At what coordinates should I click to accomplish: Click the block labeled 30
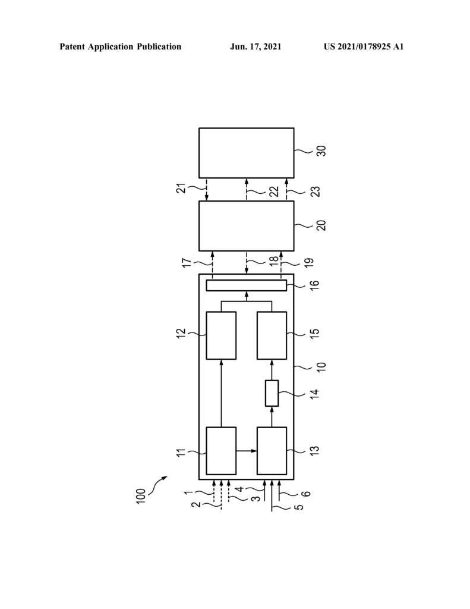click(x=246, y=153)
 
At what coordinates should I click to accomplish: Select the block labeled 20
click(x=246, y=225)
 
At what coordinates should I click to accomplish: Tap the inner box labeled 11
click(x=221, y=451)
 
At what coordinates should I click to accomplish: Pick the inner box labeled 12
click(x=221, y=335)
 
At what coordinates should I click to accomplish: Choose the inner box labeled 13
click(x=272, y=451)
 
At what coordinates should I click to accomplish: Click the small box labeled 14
click(x=272, y=394)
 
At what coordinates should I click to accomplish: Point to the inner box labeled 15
click(x=272, y=335)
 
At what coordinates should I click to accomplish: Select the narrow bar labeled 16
click(x=246, y=285)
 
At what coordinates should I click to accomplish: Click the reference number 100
click(x=141, y=496)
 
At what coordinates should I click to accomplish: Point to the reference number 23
click(x=317, y=192)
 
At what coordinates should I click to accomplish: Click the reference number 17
click(x=187, y=263)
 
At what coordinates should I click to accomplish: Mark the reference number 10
click(x=321, y=367)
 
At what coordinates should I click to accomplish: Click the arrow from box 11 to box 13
click(x=247, y=451)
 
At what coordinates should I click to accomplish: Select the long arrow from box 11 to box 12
click(x=221, y=393)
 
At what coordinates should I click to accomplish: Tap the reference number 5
click(x=299, y=507)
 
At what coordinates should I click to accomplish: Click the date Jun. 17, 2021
click(x=255, y=46)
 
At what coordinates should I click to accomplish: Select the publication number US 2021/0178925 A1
click(x=364, y=46)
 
